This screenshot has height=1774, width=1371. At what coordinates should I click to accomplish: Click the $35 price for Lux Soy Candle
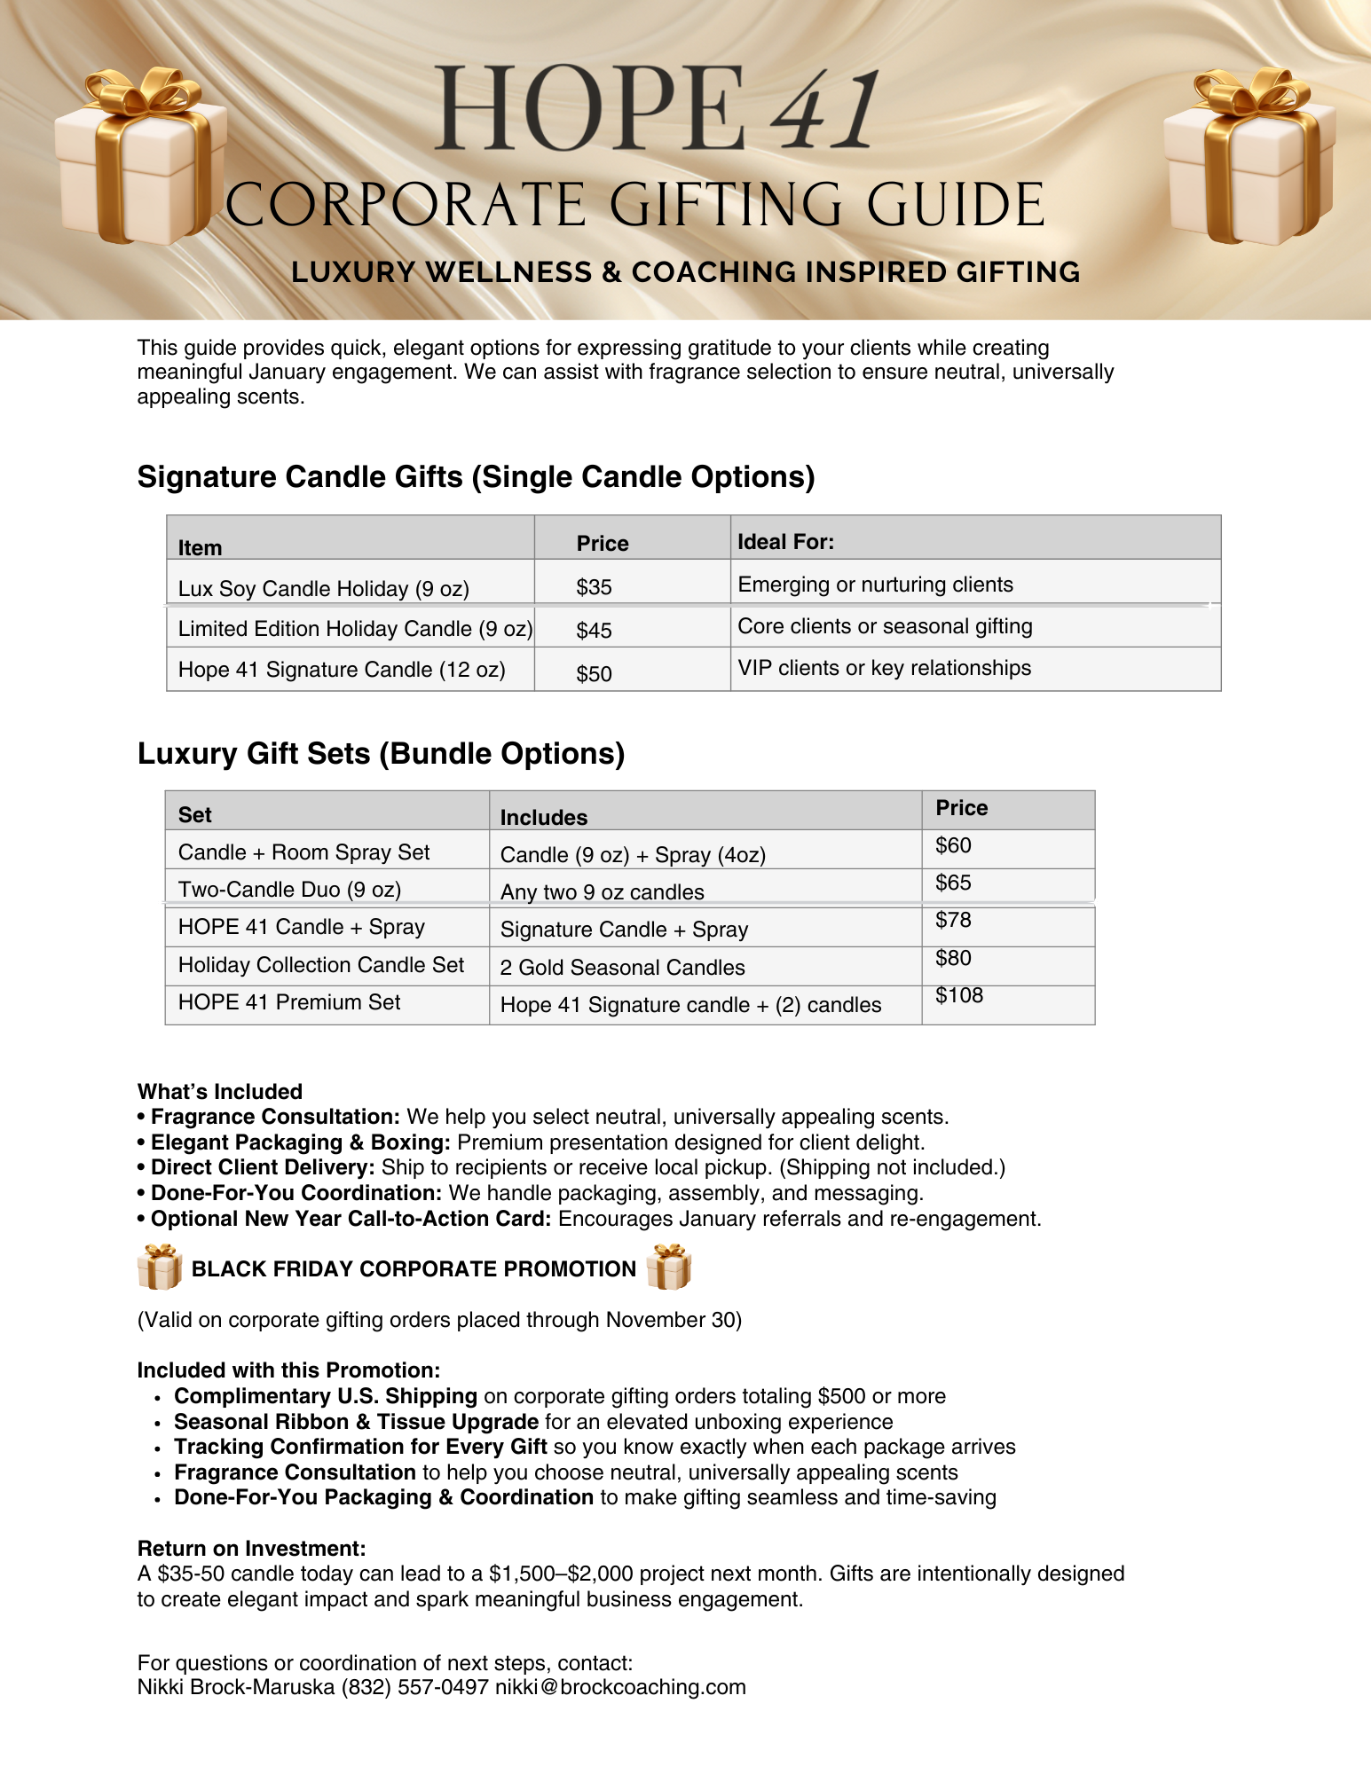point(594,587)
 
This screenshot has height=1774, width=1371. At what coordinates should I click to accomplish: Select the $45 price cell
point(594,631)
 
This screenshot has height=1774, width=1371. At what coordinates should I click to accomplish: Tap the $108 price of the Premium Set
point(959,995)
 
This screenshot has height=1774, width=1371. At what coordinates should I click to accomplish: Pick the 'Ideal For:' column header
point(785,542)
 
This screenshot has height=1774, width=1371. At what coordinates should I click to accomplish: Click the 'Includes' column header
point(544,818)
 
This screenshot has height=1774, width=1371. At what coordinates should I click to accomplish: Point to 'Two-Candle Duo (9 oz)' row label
point(289,890)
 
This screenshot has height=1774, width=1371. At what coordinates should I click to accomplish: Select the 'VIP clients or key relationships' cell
point(884,668)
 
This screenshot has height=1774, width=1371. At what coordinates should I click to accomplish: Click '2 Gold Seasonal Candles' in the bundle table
point(622,968)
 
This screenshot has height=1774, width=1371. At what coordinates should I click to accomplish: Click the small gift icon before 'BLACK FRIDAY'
point(160,1267)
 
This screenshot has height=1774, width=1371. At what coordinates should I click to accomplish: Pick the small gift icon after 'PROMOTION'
point(669,1267)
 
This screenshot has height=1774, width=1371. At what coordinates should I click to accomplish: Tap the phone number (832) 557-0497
point(414,1687)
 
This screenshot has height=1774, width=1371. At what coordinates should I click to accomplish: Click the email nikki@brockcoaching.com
point(620,1687)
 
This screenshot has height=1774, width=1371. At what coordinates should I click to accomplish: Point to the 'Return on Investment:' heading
point(251,1549)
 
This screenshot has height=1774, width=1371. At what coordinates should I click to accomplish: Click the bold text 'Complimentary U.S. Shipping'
point(326,1396)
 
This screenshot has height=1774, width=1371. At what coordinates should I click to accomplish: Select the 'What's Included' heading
point(220,1092)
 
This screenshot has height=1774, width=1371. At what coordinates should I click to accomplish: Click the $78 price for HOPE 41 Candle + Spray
point(953,920)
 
